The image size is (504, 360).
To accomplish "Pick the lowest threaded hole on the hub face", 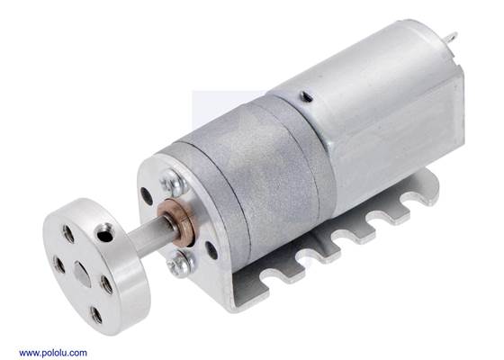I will pyautogui.click(x=94, y=312).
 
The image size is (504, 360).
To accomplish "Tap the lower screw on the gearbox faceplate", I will pyautogui.click(x=184, y=262).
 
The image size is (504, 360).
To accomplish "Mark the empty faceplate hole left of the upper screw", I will pyautogui.click(x=147, y=193).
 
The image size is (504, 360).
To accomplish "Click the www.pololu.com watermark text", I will pyautogui.click(x=53, y=352).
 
